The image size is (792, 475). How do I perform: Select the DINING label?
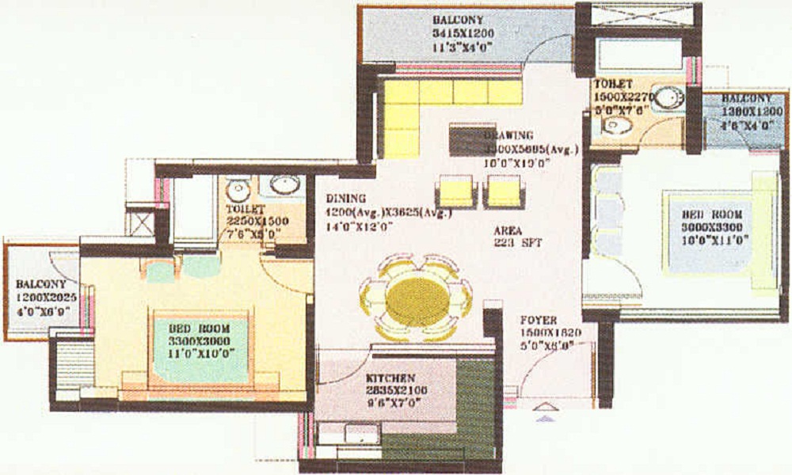tap(345, 199)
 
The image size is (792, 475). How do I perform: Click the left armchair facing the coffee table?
tap(455, 191)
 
